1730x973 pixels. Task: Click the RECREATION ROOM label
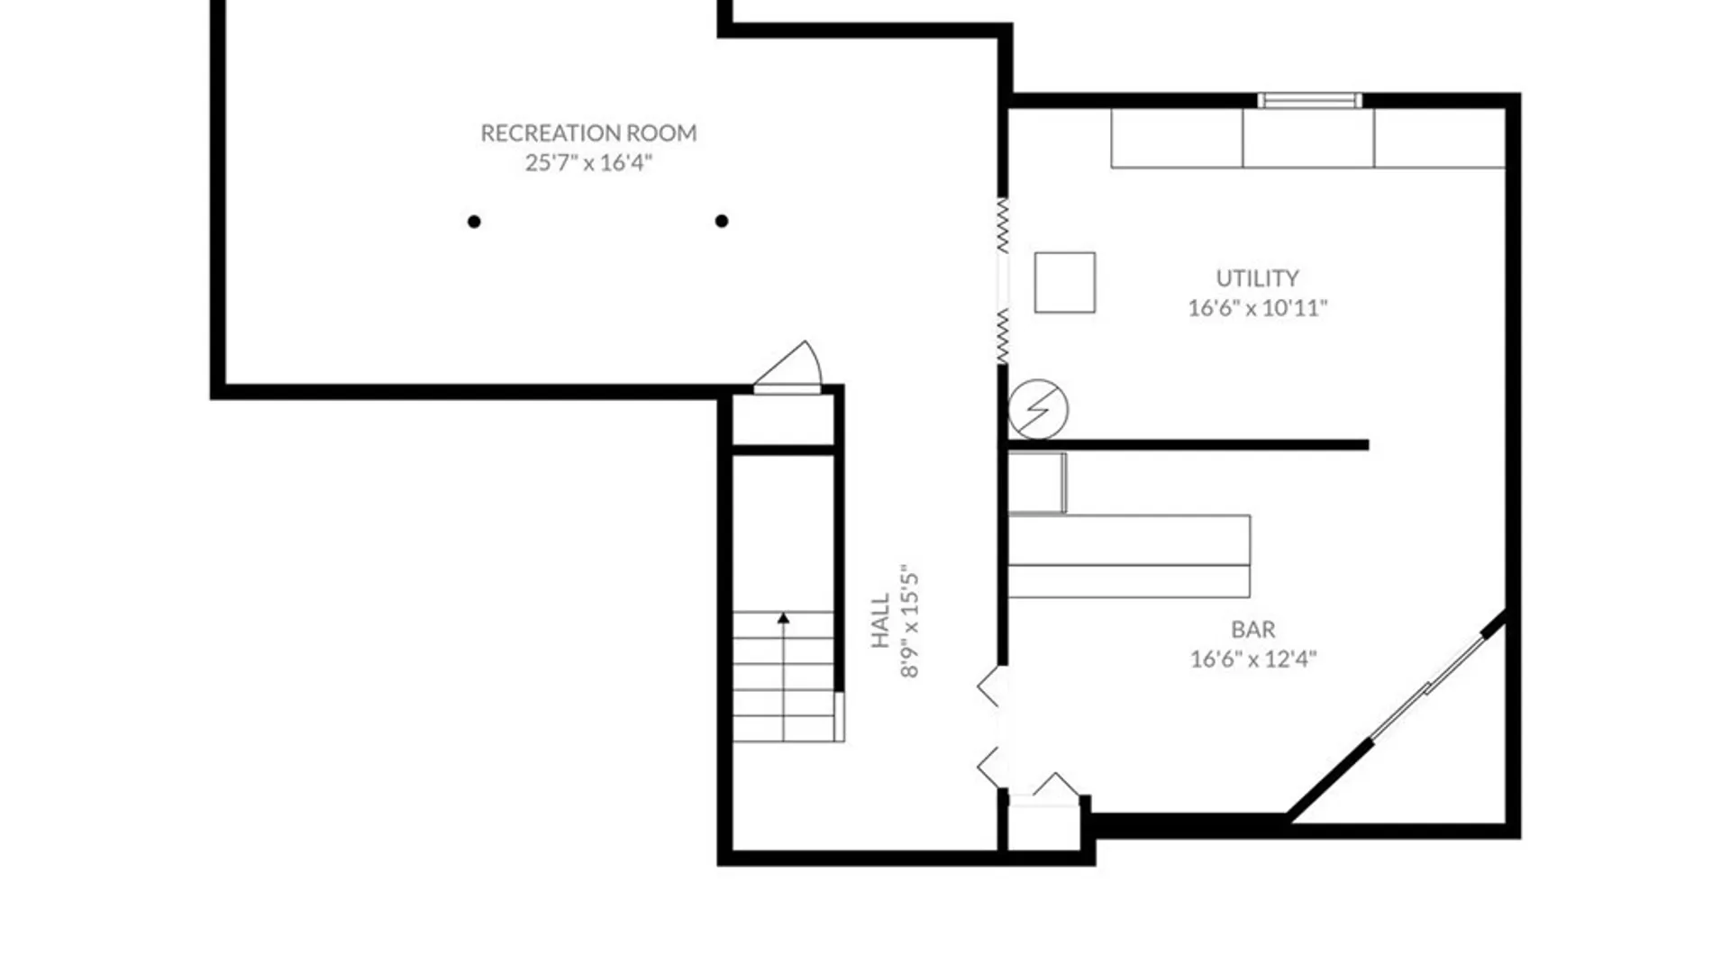pos(588,133)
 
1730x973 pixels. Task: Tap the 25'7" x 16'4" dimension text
pos(588,163)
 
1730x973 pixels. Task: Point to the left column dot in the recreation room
pos(474,222)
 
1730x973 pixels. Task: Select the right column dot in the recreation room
pos(722,221)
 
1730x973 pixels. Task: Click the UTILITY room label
pos(1257,278)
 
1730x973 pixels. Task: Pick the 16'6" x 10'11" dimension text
pos(1257,308)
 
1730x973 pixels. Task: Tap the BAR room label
pos(1252,630)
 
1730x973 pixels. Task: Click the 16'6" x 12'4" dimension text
pos(1252,659)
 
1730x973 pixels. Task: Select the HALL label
pos(880,621)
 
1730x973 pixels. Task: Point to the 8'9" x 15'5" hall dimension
pos(910,622)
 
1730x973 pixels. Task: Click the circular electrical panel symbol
pos(1038,409)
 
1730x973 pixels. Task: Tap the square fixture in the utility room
pos(1065,283)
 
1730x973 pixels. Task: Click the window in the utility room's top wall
pos(1309,100)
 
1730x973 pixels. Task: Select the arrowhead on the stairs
pos(783,618)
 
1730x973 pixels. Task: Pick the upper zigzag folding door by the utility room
pos(1003,225)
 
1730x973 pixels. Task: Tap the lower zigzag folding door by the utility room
pos(1003,336)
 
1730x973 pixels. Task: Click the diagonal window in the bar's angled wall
pos(1427,687)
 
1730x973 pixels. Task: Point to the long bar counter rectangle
pos(1129,557)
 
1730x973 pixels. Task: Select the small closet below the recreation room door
pos(784,420)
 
